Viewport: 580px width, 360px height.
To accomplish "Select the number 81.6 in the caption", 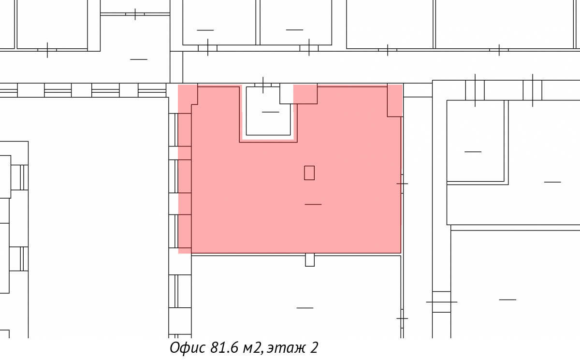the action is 224,347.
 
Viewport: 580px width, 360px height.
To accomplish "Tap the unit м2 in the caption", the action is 252,347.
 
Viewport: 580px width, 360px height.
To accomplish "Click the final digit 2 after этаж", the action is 314,347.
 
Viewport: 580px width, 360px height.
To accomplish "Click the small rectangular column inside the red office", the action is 309,173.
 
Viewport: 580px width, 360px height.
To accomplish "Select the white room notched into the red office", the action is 268,111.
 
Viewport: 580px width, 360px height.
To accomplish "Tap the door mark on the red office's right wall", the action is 402,184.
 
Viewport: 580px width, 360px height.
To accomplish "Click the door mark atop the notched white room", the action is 263,85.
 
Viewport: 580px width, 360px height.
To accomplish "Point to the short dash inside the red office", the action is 313,204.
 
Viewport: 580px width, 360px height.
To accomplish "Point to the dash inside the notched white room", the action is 271,112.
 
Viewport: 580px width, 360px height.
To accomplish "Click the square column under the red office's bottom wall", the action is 310,260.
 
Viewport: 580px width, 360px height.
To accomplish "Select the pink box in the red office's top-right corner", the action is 395,100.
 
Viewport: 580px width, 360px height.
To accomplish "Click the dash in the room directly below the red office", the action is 305,308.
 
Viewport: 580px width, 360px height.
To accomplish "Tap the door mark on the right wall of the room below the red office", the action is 402,318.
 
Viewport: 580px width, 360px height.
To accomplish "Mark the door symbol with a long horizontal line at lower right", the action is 441,302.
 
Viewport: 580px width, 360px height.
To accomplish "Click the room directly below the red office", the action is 296,297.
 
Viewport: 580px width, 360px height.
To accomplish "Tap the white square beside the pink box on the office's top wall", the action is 286,94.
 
